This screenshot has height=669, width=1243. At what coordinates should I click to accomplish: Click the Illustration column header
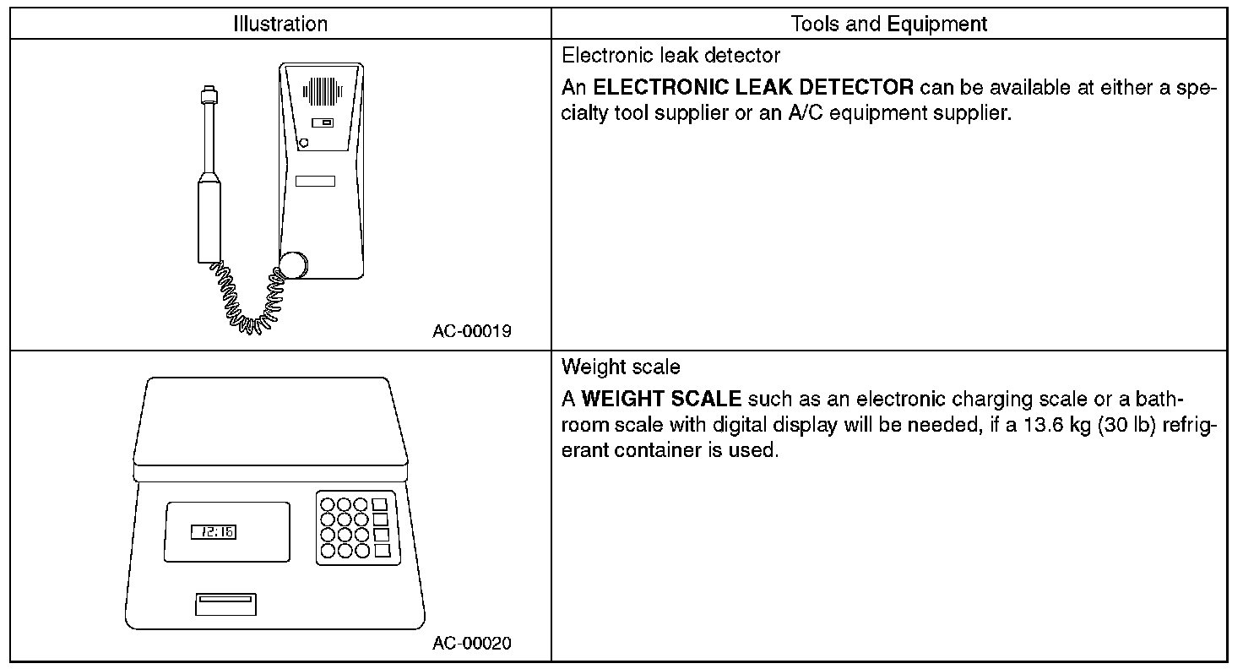(x=280, y=24)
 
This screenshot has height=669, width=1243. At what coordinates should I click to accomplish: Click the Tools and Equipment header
(x=888, y=24)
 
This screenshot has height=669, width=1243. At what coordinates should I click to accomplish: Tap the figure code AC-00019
(x=472, y=331)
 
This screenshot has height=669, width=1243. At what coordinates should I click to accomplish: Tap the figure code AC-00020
(x=472, y=644)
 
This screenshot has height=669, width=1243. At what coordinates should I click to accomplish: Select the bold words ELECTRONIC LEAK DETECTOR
(x=754, y=87)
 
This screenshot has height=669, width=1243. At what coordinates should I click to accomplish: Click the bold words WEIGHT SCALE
(x=661, y=399)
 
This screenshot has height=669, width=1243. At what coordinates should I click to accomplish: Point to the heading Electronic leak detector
(x=670, y=56)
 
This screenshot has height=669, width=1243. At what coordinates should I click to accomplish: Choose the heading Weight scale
(x=621, y=367)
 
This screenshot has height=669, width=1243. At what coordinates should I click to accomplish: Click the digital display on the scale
(x=214, y=532)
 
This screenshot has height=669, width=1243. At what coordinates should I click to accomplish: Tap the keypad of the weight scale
(x=356, y=527)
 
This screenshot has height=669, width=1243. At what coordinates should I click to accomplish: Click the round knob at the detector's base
(x=294, y=264)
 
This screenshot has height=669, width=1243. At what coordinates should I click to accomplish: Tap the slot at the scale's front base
(x=225, y=603)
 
